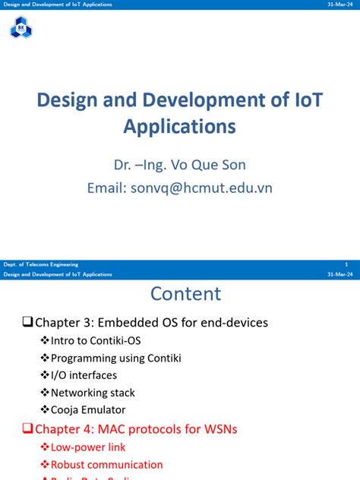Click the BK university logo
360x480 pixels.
click(x=21, y=29)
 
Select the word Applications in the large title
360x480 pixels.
click(x=180, y=125)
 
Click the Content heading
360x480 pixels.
click(x=186, y=294)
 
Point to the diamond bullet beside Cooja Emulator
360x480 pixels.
click(x=44, y=410)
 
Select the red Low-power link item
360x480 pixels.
click(x=88, y=447)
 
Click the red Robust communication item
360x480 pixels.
click(x=106, y=464)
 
